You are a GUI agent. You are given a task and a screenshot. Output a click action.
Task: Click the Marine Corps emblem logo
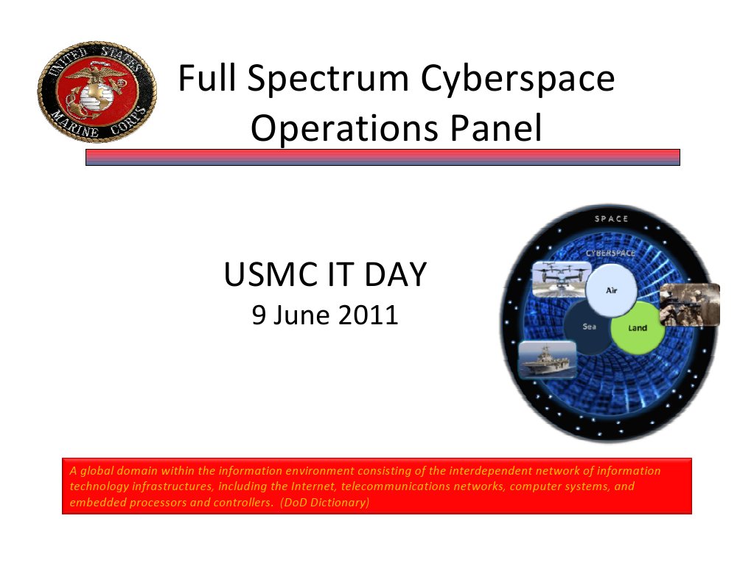coord(96,92)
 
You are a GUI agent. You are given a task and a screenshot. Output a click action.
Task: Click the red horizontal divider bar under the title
coord(383,157)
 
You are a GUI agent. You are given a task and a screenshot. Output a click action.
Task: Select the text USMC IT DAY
coord(324,276)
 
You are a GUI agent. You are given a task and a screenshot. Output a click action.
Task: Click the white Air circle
coord(611,290)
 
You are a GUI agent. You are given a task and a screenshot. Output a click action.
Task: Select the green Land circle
coord(638,327)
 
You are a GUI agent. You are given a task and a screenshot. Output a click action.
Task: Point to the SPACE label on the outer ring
coord(611,219)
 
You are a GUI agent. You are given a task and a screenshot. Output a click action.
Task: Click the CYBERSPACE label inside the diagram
coord(611,253)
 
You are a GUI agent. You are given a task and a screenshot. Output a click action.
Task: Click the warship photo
coord(546,360)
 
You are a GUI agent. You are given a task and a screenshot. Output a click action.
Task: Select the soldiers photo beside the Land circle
coord(689,304)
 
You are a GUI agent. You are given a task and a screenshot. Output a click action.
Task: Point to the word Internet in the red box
coord(313,486)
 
